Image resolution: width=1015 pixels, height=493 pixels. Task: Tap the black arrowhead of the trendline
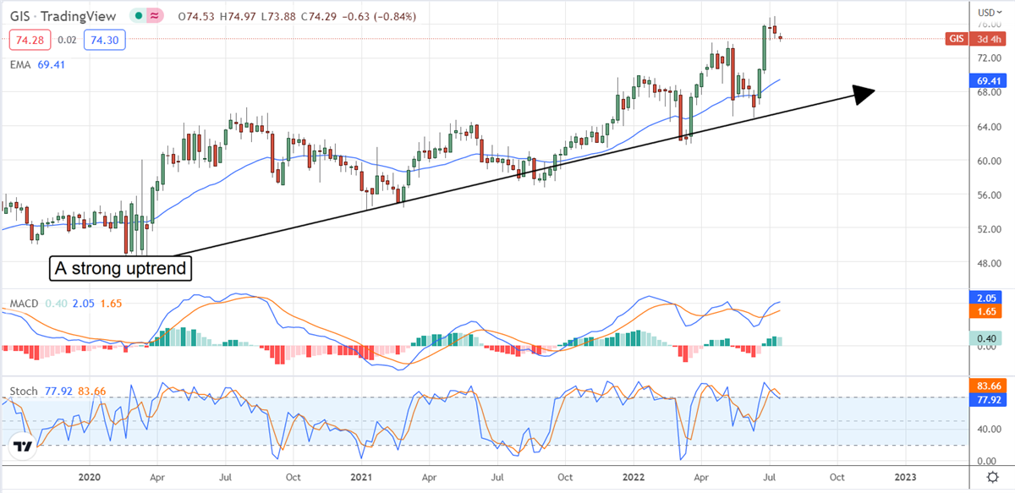point(863,94)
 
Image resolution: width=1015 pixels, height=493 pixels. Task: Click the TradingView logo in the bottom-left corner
point(23,446)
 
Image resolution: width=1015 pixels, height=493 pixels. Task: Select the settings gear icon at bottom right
point(985,477)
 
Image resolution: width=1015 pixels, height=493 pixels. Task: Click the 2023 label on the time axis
point(906,477)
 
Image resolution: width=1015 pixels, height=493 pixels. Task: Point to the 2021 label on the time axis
point(360,477)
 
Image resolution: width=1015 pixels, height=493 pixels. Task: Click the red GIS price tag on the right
point(957,39)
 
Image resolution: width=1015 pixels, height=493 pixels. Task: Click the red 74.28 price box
point(29,39)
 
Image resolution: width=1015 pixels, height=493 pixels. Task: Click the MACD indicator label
point(22,303)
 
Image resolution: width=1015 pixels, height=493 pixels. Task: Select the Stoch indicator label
point(23,392)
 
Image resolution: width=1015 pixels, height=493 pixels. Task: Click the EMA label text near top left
point(21,63)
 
